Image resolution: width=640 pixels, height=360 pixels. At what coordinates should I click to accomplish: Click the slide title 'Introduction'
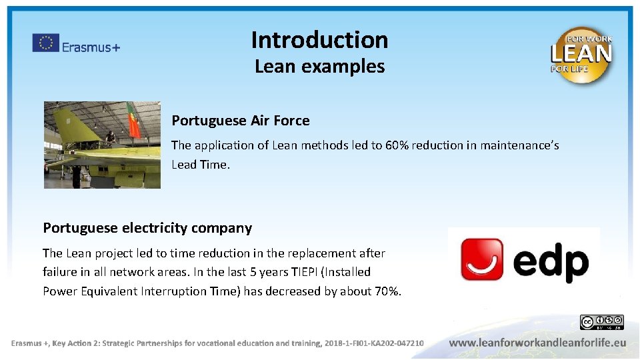tap(319, 40)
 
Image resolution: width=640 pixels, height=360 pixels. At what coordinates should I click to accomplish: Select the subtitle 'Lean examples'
tap(319, 67)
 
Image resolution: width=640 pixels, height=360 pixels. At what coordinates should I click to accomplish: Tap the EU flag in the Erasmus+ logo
tap(45, 43)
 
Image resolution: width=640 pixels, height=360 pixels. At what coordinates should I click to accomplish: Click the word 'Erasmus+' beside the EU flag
tap(91, 47)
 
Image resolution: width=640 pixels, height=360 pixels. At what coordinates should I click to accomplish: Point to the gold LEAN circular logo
tap(581, 55)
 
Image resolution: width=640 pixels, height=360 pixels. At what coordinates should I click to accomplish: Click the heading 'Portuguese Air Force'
tap(241, 121)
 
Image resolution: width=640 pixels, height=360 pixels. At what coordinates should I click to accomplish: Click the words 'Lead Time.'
tap(201, 165)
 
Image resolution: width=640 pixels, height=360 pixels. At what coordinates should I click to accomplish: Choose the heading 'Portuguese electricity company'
tap(147, 228)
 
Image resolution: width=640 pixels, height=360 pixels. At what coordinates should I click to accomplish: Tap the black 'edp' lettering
tap(551, 262)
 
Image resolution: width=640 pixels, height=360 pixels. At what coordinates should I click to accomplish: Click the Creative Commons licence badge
tap(601, 323)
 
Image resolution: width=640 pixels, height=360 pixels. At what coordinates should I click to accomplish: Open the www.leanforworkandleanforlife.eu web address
tap(537, 343)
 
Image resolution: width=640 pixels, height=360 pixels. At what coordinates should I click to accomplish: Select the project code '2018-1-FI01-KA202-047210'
tap(374, 343)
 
